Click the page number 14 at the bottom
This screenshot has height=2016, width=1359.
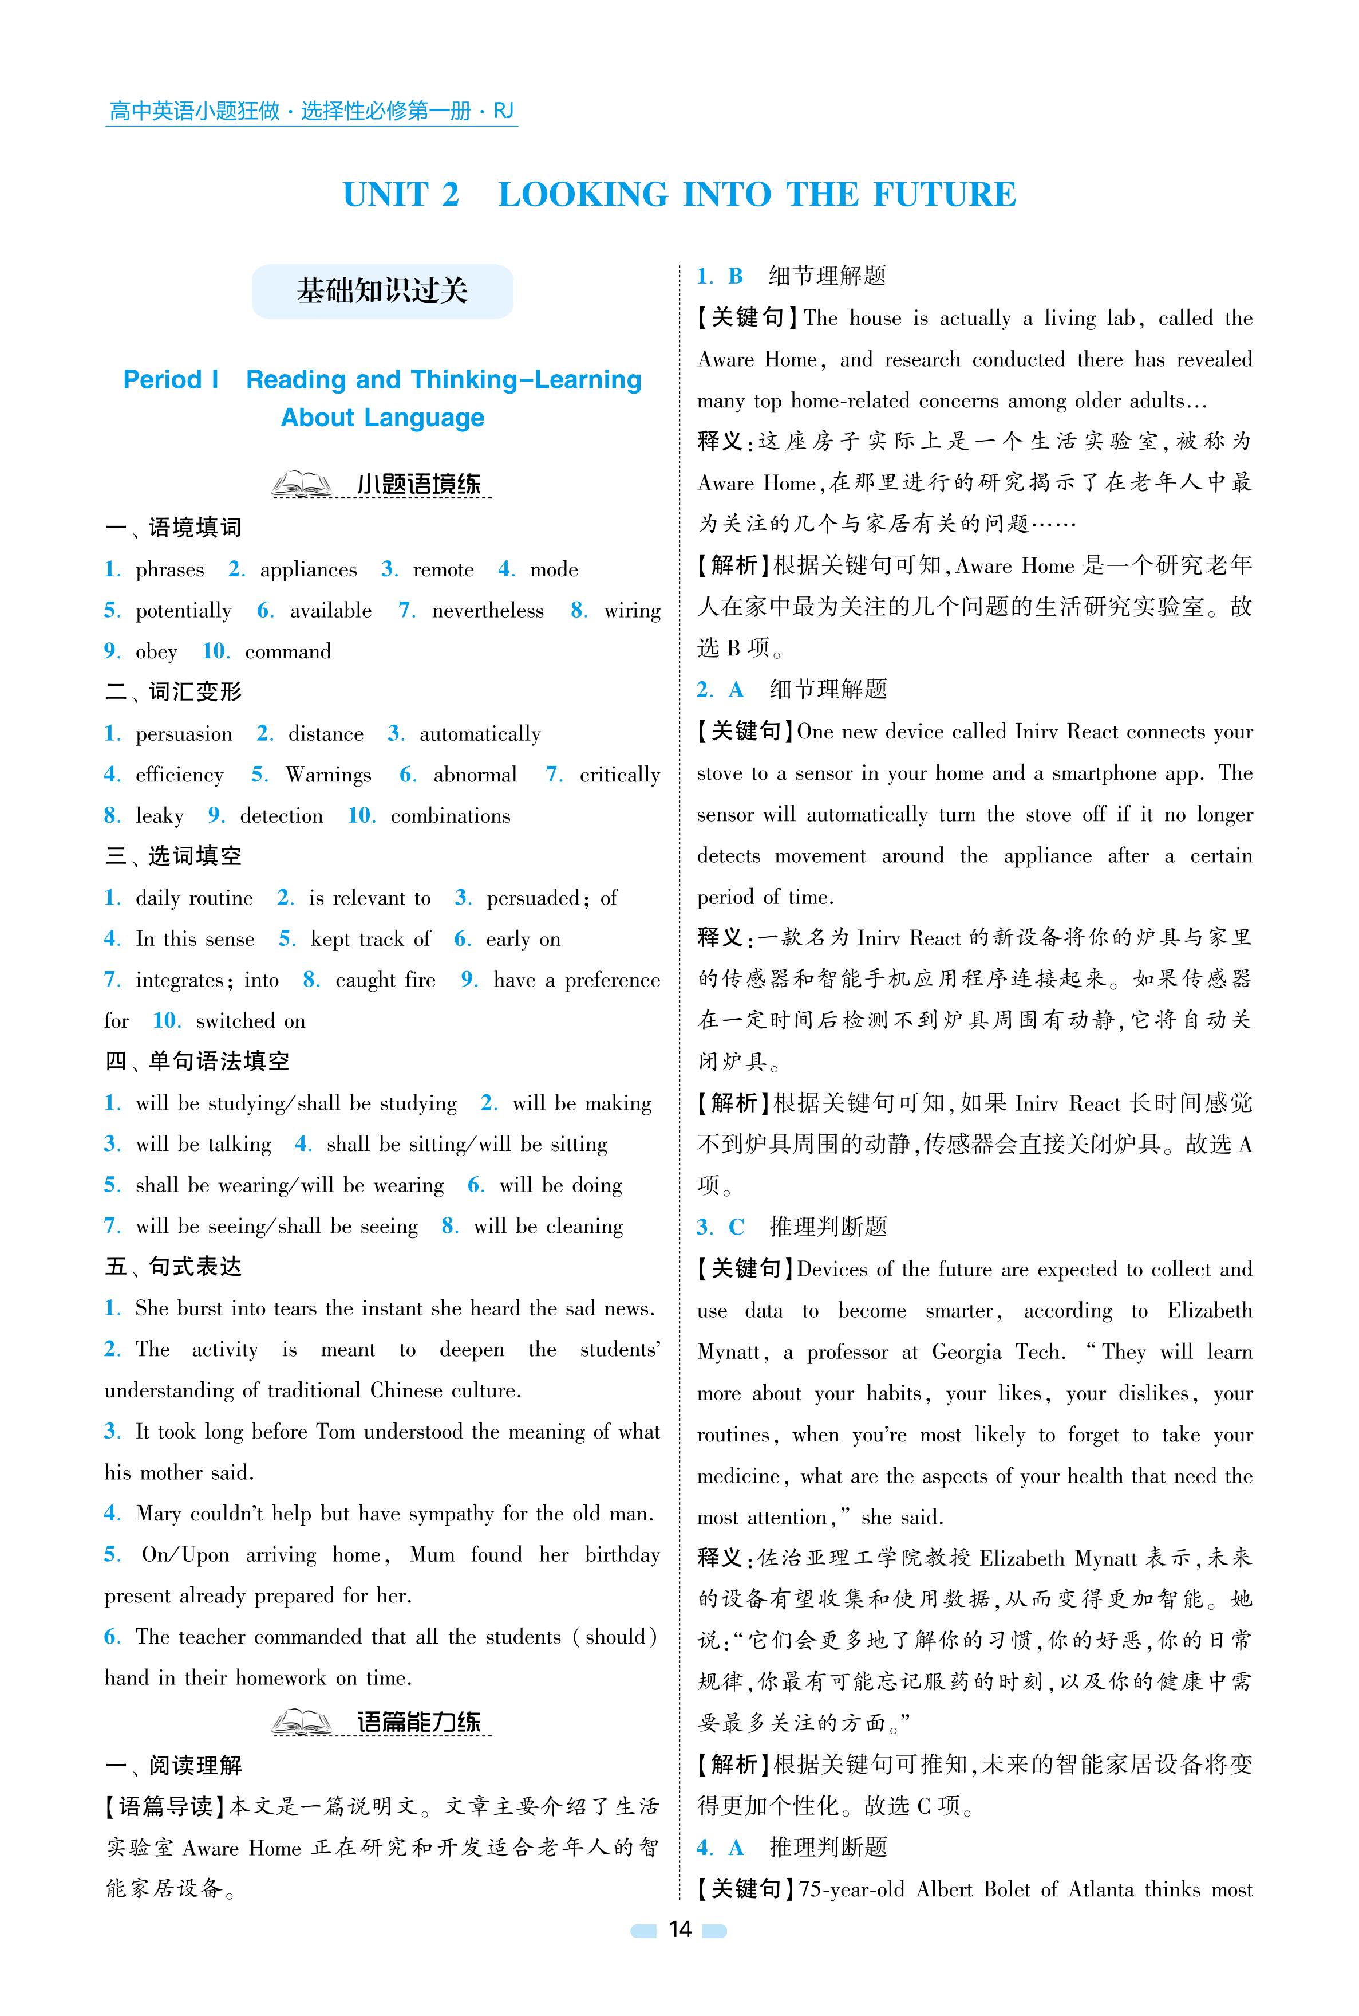pyautogui.click(x=679, y=1953)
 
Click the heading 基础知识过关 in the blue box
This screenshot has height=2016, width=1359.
pyautogui.click(x=382, y=292)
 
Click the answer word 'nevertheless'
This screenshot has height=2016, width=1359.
pyautogui.click(x=487, y=611)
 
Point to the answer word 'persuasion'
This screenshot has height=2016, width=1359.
pyautogui.click(x=184, y=734)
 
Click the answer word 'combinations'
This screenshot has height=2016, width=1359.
pyautogui.click(x=450, y=816)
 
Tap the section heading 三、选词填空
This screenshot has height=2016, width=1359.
pyautogui.click(x=173, y=856)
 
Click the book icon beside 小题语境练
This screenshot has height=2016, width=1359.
pyautogui.click(x=301, y=484)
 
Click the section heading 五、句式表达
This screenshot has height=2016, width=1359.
pyautogui.click(x=173, y=1267)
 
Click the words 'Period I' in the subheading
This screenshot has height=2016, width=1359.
pyautogui.click(x=171, y=380)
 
